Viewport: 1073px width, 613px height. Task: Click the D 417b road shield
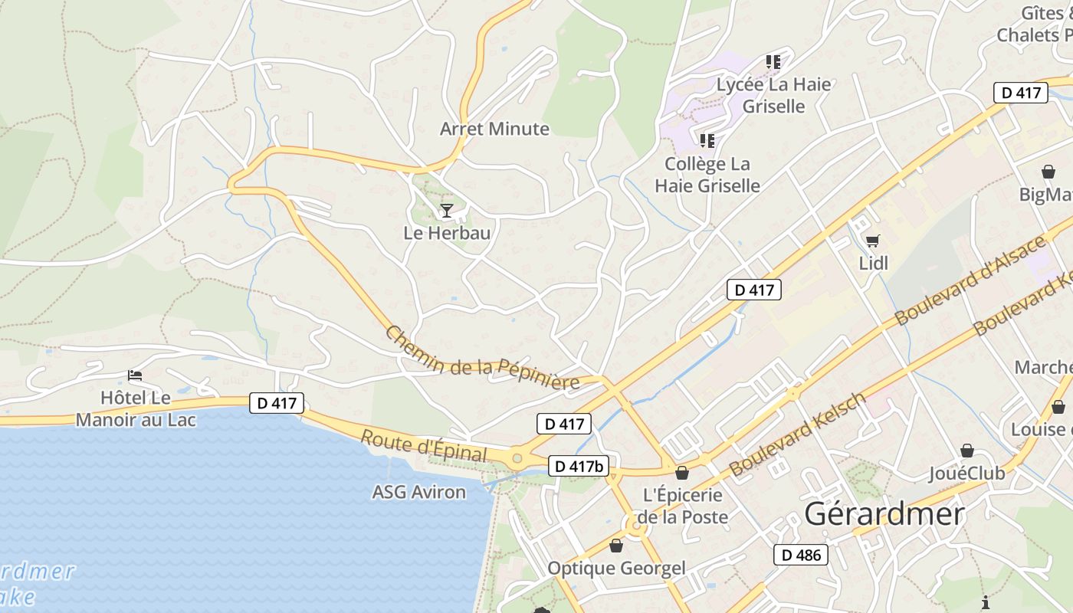(x=579, y=465)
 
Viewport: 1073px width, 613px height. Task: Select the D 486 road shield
(x=801, y=555)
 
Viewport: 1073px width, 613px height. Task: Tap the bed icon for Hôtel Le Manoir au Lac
(x=135, y=375)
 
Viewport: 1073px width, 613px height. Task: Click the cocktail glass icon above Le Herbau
(x=447, y=210)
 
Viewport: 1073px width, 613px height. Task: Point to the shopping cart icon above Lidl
(x=872, y=241)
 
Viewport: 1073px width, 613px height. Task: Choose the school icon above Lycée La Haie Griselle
(x=773, y=62)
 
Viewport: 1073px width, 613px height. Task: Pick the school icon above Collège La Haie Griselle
(x=707, y=141)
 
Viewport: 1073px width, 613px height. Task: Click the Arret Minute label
(x=494, y=129)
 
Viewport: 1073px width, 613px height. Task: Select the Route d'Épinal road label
(x=423, y=446)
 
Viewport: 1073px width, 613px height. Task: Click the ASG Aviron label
(x=418, y=492)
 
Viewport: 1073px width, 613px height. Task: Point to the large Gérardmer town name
(x=884, y=513)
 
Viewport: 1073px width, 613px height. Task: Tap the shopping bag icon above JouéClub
(x=967, y=451)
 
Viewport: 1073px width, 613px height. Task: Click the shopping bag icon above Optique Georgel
(x=616, y=546)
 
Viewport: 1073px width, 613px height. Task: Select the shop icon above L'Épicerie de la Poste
(x=682, y=473)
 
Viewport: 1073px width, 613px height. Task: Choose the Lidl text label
(x=873, y=264)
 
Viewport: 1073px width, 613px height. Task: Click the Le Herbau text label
(x=447, y=233)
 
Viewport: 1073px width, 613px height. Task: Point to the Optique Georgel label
(x=616, y=569)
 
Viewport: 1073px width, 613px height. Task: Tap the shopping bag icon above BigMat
(x=1048, y=172)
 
